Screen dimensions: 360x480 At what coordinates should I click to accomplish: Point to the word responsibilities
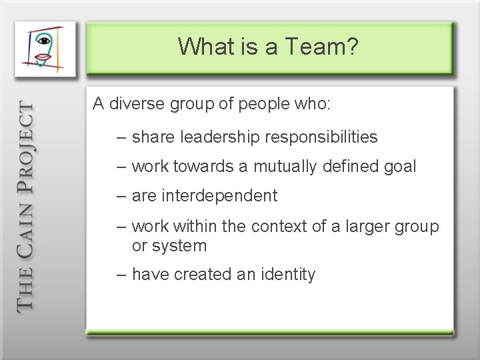[x=321, y=137]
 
